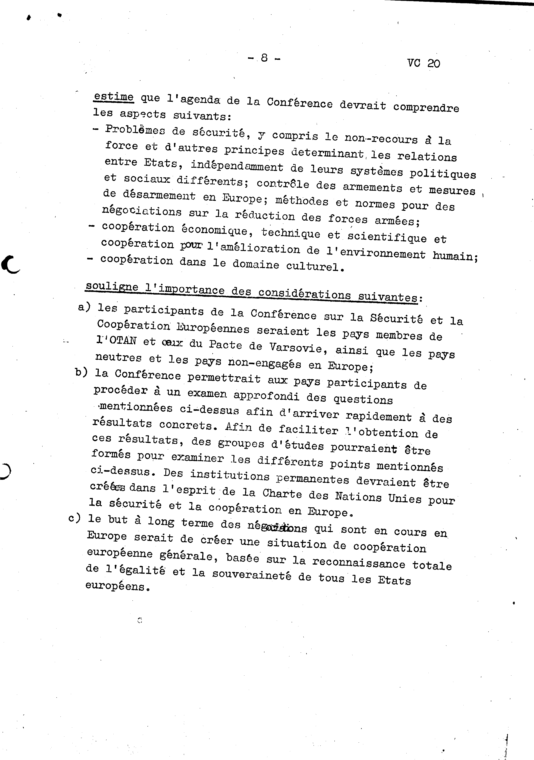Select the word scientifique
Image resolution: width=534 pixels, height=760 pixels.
387,236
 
